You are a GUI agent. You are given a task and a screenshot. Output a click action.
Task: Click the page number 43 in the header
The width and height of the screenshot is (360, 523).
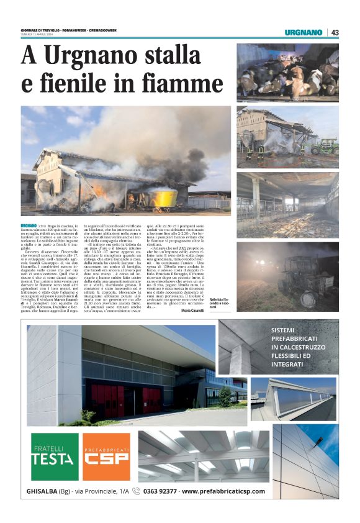coord(335,32)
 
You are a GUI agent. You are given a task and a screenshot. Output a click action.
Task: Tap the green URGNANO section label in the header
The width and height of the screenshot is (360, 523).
coord(304,32)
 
